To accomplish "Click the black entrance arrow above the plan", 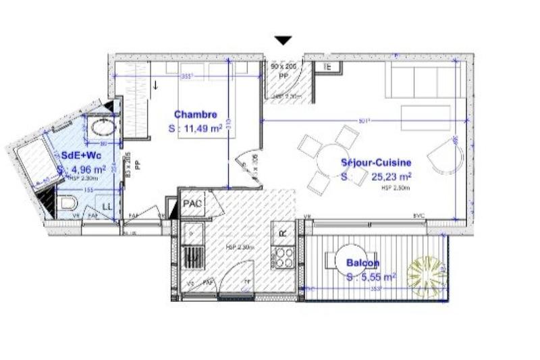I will coord(284,41).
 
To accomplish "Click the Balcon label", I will coord(362,263).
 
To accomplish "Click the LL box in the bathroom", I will coord(107,205).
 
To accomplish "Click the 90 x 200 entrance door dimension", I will coord(283,68).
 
